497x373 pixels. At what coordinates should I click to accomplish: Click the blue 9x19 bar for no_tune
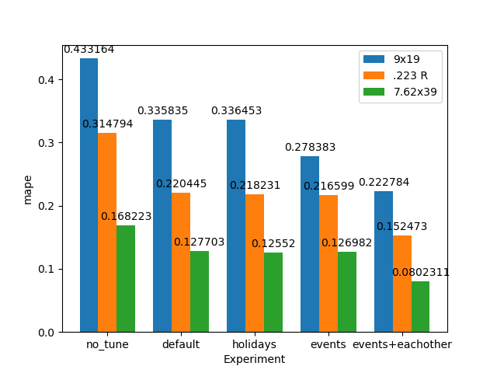click(89, 195)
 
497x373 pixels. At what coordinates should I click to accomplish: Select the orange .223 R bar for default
click(181, 263)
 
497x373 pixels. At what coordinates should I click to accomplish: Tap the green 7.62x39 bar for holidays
click(273, 292)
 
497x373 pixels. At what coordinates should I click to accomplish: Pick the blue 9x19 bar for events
click(310, 244)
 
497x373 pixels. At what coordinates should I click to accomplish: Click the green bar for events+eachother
click(420, 307)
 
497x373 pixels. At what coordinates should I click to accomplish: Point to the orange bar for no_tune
click(107, 232)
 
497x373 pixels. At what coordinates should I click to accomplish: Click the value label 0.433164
click(89, 50)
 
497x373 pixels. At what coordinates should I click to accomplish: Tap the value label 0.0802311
click(420, 273)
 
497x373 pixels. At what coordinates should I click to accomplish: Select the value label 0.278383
click(310, 148)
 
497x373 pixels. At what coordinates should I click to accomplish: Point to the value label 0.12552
click(273, 244)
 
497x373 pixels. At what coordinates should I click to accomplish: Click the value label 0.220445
click(181, 184)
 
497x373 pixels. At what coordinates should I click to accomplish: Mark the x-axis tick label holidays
click(254, 344)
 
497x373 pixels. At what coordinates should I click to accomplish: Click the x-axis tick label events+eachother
click(401, 344)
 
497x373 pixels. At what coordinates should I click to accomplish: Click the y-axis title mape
click(28, 189)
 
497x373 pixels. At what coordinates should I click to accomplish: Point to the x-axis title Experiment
click(254, 359)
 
